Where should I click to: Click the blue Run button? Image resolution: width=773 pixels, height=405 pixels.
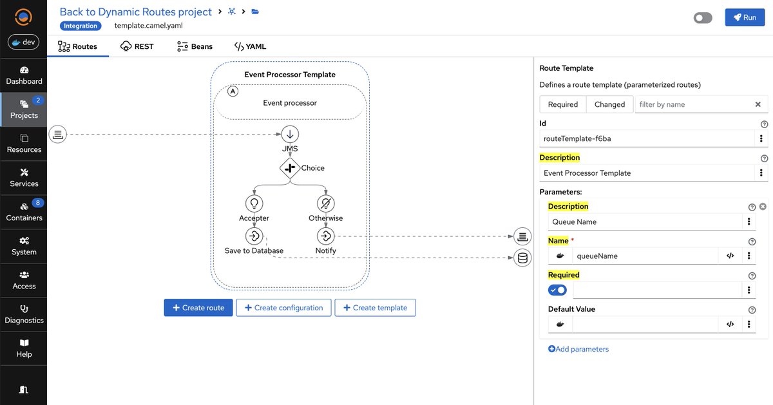click(745, 17)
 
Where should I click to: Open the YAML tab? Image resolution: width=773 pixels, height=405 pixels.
click(250, 46)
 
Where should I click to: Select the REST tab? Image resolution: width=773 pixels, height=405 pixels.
click(137, 46)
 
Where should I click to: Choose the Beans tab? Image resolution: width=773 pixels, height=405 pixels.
click(194, 46)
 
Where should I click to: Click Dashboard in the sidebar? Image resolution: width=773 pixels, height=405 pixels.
click(24, 75)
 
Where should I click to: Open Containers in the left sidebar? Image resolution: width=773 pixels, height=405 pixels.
click(24, 212)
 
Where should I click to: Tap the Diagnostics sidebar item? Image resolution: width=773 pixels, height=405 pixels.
click(24, 314)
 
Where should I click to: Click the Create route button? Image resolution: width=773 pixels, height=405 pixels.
click(198, 308)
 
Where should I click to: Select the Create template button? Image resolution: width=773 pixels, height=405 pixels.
click(375, 308)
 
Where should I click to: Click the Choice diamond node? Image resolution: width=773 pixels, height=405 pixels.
click(289, 168)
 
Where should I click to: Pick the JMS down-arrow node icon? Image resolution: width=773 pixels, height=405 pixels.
click(290, 135)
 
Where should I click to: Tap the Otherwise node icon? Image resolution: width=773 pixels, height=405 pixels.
click(326, 204)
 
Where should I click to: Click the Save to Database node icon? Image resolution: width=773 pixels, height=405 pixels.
click(254, 236)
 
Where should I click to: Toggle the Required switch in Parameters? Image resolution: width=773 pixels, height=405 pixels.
click(557, 290)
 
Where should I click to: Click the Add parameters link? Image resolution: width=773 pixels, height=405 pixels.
click(578, 349)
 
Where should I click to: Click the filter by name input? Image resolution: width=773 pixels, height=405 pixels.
click(692, 104)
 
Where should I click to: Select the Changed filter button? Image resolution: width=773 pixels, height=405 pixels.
click(609, 104)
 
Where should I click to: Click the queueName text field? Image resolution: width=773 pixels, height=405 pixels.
click(644, 256)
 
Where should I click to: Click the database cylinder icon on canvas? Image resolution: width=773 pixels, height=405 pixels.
click(522, 259)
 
